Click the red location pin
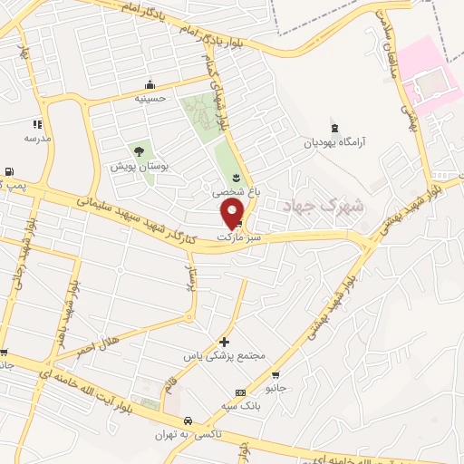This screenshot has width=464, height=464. (x=232, y=212)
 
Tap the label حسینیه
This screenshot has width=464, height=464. (x=151, y=97)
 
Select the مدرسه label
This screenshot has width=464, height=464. (x=37, y=138)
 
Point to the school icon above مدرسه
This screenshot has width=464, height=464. (x=37, y=124)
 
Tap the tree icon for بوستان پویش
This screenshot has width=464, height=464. (x=139, y=152)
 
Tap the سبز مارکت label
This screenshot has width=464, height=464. (x=239, y=237)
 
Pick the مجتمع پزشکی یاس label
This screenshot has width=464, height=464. (x=225, y=356)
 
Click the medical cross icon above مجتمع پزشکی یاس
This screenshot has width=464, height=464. (x=225, y=342)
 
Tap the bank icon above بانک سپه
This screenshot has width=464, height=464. (x=239, y=392)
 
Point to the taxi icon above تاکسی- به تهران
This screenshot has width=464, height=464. (x=186, y=421)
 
